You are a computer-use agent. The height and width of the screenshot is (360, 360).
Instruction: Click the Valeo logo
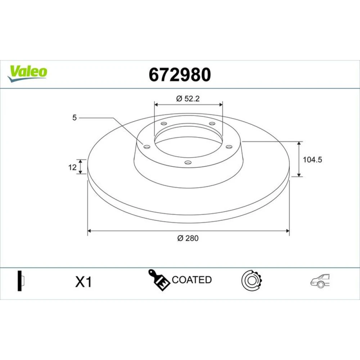27,73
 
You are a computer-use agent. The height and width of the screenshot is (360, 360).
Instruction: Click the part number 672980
180,75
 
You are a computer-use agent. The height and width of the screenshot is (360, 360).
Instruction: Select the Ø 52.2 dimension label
188,99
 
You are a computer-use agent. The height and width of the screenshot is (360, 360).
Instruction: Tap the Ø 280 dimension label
188,238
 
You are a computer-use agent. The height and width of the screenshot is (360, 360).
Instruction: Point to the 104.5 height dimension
312,159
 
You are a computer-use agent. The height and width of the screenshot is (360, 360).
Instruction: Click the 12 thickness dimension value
72,167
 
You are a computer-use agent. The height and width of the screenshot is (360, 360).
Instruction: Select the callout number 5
75,118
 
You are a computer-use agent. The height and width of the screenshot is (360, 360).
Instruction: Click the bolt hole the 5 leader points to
147,147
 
